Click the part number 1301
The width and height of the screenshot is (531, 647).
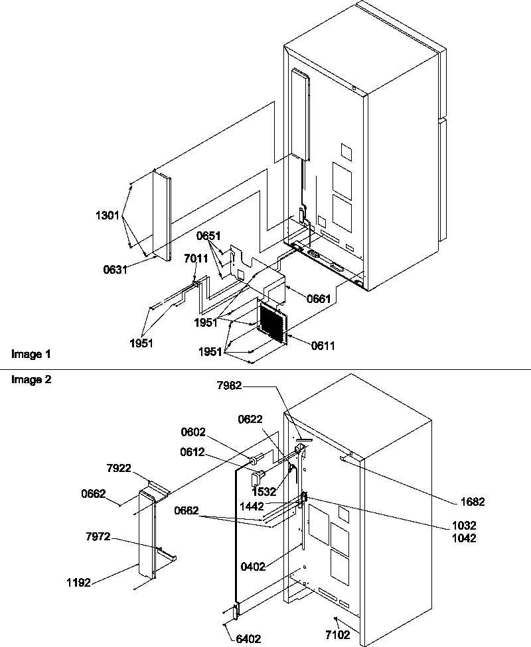108,215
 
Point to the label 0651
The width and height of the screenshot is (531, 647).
208,235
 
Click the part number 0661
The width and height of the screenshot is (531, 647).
318,300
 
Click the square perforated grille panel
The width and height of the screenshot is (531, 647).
272,322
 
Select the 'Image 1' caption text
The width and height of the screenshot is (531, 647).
31,355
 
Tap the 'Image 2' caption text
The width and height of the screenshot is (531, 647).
31,380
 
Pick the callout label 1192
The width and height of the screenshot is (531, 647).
78,583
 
